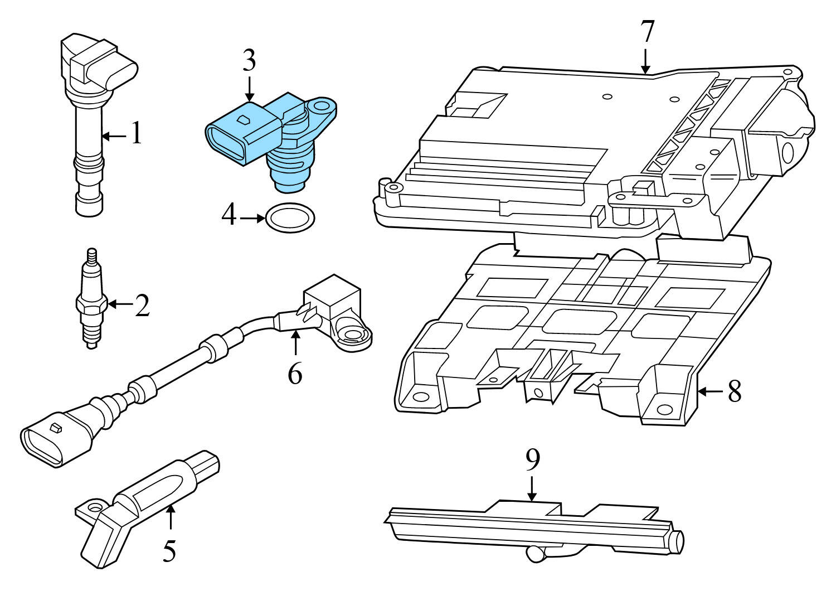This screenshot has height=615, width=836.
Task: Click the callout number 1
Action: click(136, 134)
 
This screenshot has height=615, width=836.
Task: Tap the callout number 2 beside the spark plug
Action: click(142, 305)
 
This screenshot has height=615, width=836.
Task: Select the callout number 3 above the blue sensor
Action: click(249, 61)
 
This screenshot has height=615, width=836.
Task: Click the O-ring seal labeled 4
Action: click(290, 218)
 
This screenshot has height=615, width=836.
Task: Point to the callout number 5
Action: click(169, 550)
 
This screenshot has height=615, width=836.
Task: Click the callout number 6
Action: click(295, 374)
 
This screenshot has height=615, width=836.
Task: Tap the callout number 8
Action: click(735, 391)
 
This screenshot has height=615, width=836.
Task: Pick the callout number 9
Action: click(532, 459)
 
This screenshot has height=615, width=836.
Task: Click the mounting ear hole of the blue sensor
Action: click(324, 106)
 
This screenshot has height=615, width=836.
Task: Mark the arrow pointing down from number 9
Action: click(532, 488)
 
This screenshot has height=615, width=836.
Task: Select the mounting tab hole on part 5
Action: click(93, 508)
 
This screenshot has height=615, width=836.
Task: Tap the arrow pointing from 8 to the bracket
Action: click(709, 391)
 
